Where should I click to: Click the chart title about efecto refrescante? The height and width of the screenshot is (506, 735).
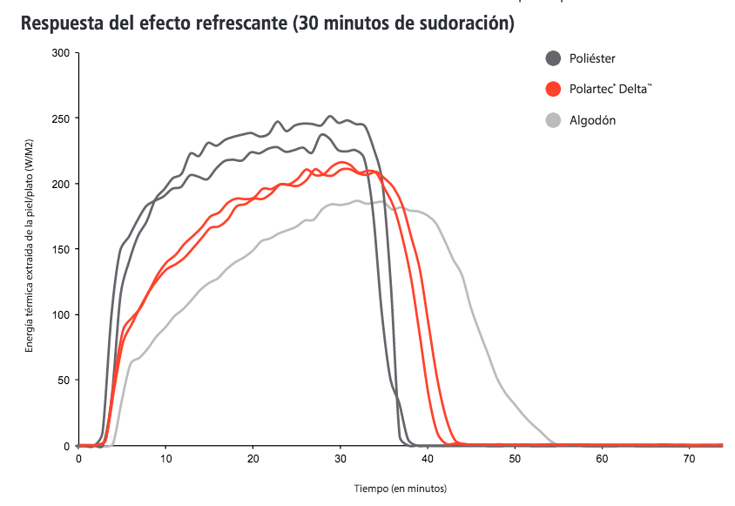(x=266, y=24)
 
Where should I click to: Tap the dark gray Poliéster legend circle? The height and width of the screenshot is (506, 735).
(x=553, y=58)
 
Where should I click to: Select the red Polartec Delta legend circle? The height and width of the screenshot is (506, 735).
(x=553, y=89)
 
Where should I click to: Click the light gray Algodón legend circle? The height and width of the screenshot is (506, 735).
(x=553, y=120)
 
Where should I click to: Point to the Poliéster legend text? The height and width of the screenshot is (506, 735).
(x=594, y=58)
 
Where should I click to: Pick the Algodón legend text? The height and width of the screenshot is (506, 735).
(x=592, y=120)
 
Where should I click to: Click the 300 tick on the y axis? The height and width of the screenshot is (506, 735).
(x=61, y=53)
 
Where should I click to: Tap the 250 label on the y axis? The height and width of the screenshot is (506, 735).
(x=61, y=118)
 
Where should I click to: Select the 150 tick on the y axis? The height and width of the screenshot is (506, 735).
(x=61, y=249)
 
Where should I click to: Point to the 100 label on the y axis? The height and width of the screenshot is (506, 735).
(x=61, y=314)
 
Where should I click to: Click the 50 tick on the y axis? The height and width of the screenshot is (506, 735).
(x=64, y=381)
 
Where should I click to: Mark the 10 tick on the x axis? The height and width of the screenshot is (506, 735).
(x=165, y=457)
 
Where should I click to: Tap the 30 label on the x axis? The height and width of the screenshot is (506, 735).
(x=340, y=457)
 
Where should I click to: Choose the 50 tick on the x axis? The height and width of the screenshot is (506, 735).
(x=514, y=457)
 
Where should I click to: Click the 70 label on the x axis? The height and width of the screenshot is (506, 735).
(x=688, y=457)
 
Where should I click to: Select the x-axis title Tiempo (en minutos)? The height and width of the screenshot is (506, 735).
(x=401, y=489)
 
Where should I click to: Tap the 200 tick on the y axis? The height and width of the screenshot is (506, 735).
(x=61, y=184)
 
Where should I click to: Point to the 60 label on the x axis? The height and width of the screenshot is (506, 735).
(x=601, y=457)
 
